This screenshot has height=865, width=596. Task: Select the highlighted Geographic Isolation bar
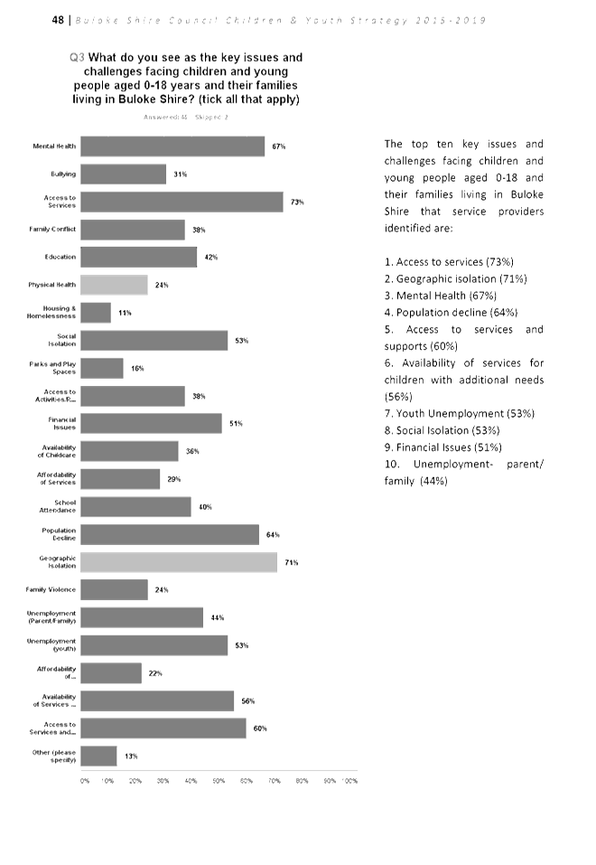coord(180,562)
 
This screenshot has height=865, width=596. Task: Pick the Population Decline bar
coord(171,534)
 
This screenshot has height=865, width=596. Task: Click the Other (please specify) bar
coord(99,756)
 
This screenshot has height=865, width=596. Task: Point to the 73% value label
coord(297,202)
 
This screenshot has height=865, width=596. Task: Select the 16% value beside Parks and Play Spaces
coord(137,369)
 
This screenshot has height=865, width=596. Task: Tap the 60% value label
coord(260,729)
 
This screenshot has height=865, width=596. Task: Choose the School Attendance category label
coord(61,507)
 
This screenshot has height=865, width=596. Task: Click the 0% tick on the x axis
coord(84,781)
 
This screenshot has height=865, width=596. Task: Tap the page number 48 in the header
coord(58,21)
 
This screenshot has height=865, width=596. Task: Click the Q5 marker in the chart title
coord(77,58)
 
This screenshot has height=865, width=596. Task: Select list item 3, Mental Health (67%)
coord(441,296)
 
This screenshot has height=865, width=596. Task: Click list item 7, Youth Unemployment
coord(459,413)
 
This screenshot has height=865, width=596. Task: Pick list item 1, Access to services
coord(449,261)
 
